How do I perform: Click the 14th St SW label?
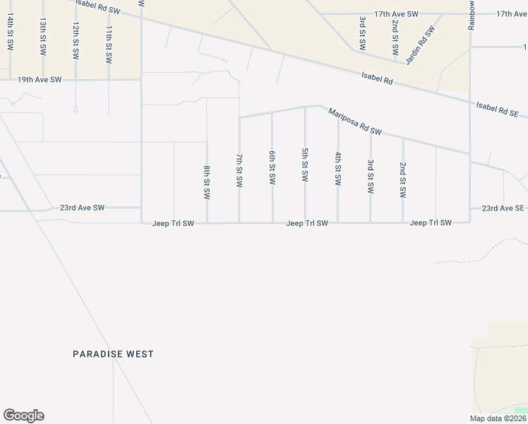(x=11, y=33)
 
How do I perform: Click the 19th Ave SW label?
(x=40, y=80)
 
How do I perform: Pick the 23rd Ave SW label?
(x=82, y=208)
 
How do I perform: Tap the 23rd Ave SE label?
(x=503, y=208)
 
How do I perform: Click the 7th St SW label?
(x=239, y=170)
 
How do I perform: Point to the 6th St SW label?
(x=272, y=167)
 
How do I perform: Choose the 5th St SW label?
(x=305, y=165)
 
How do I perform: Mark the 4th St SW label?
(x=338, y=169)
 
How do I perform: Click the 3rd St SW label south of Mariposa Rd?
(x=371, y=177)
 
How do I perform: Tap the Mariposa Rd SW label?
(x=355, y=121)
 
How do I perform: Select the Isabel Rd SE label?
(x=498, y=109)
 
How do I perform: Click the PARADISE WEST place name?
(x=113, y=354)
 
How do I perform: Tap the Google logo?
(x=23, y=416)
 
